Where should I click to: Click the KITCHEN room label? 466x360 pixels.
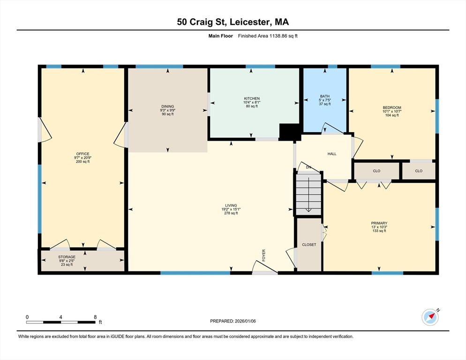252,98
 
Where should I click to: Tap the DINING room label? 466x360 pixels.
168,106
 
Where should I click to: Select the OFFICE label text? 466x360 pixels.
83,154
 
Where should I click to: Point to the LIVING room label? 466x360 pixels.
231,205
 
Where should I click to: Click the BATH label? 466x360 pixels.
325,96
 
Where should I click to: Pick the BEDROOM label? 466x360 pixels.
392,108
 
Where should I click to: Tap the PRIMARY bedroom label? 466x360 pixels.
379,223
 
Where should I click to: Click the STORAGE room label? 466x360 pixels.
67,257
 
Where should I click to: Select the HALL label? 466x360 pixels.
332,154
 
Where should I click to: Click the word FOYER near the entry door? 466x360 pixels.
263,255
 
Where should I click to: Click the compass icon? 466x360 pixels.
430,317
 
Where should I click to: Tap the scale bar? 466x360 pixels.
61,322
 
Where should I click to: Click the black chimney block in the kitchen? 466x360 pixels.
290,132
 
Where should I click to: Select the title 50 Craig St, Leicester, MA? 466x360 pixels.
233,22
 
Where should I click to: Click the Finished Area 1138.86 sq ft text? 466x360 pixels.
268,36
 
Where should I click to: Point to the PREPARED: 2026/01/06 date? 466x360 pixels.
233,321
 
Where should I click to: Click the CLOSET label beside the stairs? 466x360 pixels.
309,245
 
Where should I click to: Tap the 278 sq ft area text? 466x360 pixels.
231,213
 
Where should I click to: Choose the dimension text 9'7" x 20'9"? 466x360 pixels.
83,158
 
